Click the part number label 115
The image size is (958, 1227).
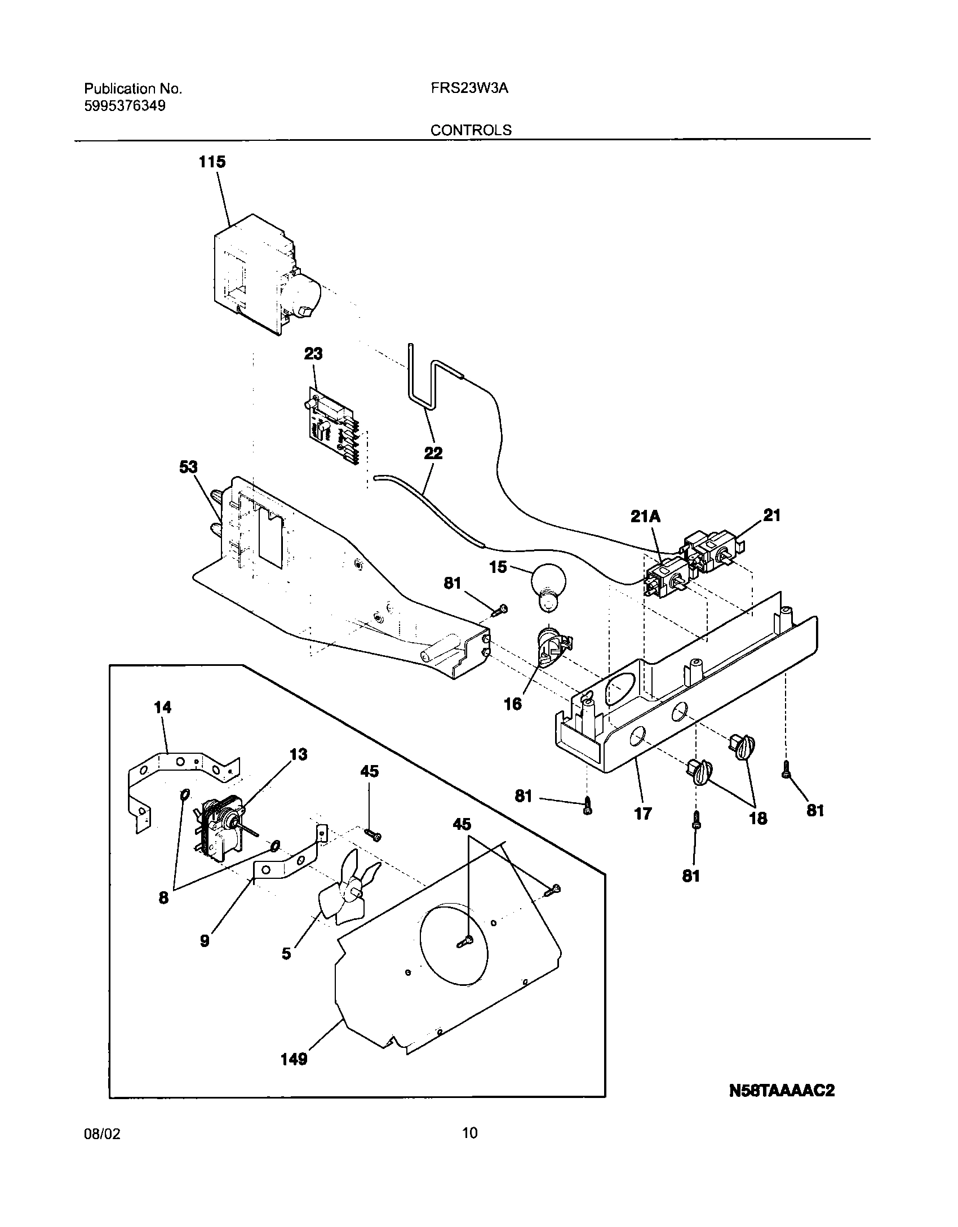click(x=212, y=162)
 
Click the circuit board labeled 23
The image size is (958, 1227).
click(x=331, y=429)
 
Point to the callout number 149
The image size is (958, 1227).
click(x=294, y=1060)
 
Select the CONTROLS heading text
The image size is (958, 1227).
click(x=471, y=130)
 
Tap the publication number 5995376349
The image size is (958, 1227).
click(x=125, y=106)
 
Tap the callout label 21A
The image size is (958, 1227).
click(x=646, y=516)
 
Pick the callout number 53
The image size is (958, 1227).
click(x=189, y=467)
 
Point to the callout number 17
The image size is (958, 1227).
click(x=643, y=813)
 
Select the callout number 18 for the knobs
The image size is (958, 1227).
click(x=758, y=818)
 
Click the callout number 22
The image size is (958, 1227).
click(x=433, y=453)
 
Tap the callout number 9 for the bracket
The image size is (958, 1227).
click(x=205, y=940)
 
